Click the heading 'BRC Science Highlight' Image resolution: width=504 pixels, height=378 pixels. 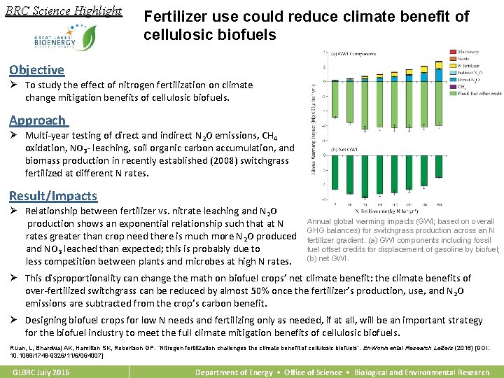pyautogui.click(x=63, y=11)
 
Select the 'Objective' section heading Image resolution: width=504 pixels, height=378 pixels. pyautogui.click(x=36, y=69)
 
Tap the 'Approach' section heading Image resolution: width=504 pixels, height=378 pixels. pyautogui.click(x=38, y=120)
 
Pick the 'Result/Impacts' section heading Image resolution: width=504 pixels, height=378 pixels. pyautogui.click(x=53, y=196)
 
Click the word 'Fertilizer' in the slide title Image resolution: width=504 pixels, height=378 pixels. pyautogui.click(x=175, y=17)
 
